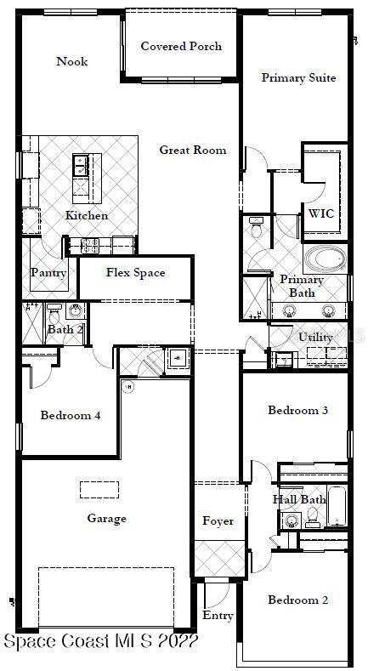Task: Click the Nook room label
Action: [x=72, y=61]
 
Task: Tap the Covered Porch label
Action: [x=181, y=46]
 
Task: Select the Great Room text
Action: [x=193, y=150]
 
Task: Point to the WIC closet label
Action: [x=320, y=213]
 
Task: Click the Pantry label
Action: [x=48, y=273]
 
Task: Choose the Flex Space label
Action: [x=135, y=273]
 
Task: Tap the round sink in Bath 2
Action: [x=73, y=311]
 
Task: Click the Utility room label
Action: [x=315, y=338]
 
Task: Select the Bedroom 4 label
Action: [x=71, y=416]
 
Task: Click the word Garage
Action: [x=106, y=519]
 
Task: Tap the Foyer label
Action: [x=218, y=521]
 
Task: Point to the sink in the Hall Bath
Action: [x=292, y=520]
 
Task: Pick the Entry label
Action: [x=217, y=616]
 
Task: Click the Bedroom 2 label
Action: [x=297, y=600]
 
